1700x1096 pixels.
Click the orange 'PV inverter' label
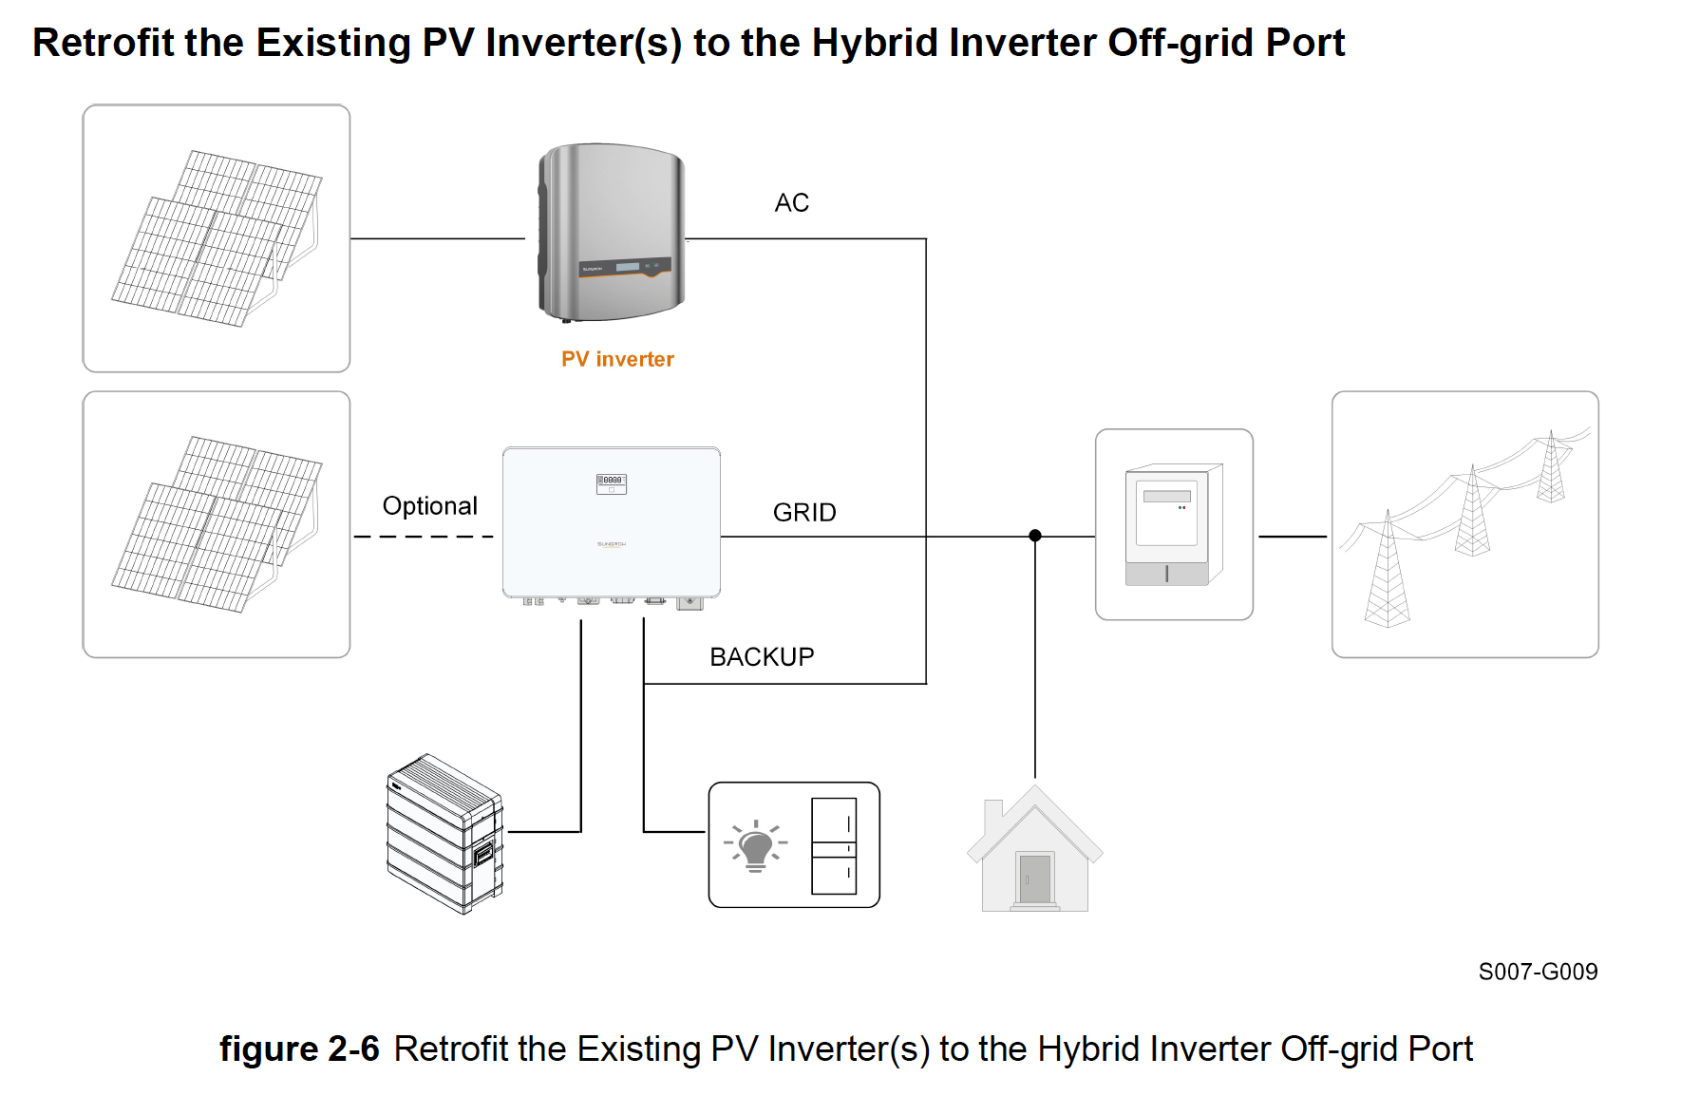click(x=617, y=359)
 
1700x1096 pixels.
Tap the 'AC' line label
click(x=791, y=202)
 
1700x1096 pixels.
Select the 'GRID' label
click(x=804, y=513)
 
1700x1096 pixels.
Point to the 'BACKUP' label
click(x=762, y=657)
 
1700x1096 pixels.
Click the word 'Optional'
click(x=429, y=506)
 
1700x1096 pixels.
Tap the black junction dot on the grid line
click(x=1035, y=536)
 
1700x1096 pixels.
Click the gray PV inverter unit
click(x=612, y=232)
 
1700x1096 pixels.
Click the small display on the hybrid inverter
click(x=611, y=482)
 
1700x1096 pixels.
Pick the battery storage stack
click(x=444, y=834)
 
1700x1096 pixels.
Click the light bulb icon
click(x=756, y=845)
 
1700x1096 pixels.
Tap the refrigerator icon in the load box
click(x=834, y=845)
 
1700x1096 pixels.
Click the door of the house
click(x=1034, y=879)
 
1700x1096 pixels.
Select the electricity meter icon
click(x=1173, y=525)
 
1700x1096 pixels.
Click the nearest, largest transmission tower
click(x=1387, y=575)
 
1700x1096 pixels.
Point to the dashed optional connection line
click(x=424, y=537)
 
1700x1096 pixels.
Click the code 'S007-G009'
click(x=1538, y=972)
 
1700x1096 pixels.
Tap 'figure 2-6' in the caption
click(x=299, y=1049)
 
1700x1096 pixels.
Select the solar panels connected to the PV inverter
click(x=217, y=238)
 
